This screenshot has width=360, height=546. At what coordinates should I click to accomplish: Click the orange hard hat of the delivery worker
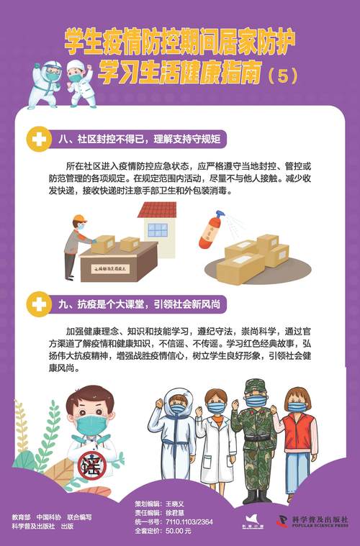79,219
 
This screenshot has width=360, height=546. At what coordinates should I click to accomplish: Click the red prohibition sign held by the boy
92,464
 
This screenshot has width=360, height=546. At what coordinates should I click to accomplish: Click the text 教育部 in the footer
22,517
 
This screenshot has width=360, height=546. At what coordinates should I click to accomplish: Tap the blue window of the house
158,229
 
